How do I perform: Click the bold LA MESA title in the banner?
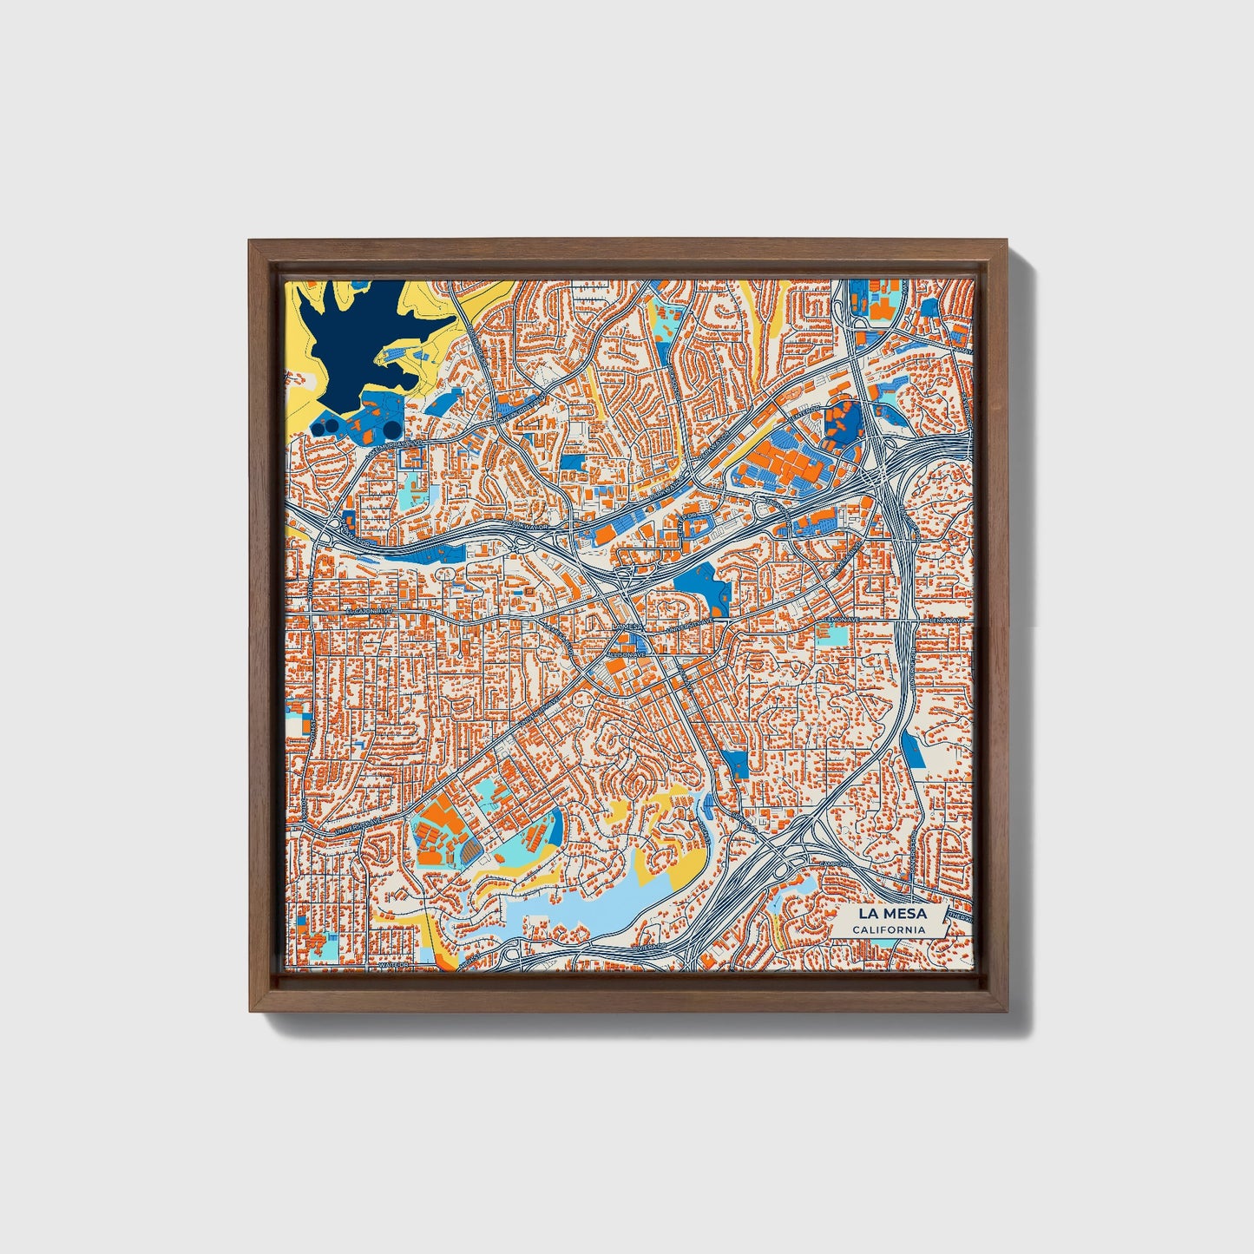coord(891,913)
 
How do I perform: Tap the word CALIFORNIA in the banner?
coord(888,930)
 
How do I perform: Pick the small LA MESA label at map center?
coord(627,625)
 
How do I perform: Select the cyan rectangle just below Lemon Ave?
coord(832,634)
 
